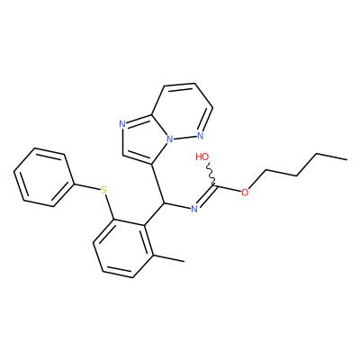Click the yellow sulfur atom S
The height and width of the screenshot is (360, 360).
[103, 190]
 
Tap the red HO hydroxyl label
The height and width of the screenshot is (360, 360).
[202, 157]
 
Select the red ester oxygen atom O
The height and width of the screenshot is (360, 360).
[245, 193]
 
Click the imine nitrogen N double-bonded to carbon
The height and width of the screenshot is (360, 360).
[194, 209]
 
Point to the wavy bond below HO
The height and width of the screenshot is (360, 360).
[211, 175]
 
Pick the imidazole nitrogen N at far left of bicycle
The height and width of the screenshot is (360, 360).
[121, 124]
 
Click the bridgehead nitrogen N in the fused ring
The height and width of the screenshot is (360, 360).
[170, 139]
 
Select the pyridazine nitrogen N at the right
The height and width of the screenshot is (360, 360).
[201, 136]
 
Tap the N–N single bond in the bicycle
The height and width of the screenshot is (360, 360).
[185, 138]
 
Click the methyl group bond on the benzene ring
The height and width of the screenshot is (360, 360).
[169, 258]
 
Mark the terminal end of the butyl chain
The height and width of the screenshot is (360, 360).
[347, 159]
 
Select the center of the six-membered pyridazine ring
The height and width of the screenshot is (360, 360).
[182, 112]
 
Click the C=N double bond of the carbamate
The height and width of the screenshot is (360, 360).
[206, 197]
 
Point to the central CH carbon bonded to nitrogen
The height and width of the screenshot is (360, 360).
[164, 203]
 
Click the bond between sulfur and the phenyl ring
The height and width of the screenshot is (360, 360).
[87, 186]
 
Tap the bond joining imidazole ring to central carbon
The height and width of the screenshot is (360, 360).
[157, 184]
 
